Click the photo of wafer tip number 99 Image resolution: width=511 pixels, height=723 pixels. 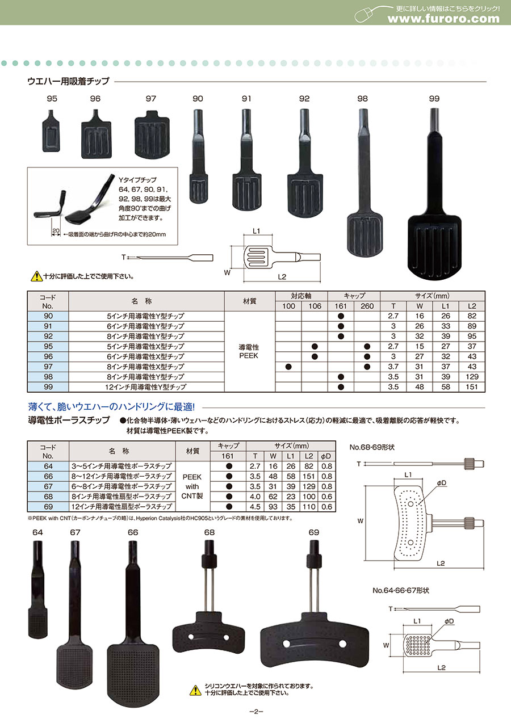434,194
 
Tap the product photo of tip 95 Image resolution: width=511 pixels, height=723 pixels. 51,131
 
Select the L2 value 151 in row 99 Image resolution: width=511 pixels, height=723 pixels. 472,386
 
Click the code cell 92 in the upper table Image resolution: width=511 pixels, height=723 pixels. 48,336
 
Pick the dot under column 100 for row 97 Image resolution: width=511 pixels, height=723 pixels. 288,367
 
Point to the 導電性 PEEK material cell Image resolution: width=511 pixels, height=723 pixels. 249,351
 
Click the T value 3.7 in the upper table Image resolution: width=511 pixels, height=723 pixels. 393,367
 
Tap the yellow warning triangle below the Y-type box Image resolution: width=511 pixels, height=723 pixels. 36,276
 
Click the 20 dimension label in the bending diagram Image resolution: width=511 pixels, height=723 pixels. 56,230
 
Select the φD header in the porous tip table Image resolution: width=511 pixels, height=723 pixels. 326,456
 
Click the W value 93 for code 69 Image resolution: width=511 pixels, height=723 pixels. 273,507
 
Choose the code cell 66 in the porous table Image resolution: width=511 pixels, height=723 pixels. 48,476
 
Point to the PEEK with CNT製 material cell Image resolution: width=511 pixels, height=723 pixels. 192,486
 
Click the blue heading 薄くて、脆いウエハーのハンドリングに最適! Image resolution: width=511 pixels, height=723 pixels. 111,407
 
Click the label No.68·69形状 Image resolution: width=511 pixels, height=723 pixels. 372,447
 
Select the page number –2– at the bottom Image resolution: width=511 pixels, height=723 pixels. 257,712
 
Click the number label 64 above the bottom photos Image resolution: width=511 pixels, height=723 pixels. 37,532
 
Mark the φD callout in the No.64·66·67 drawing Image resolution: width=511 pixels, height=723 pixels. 449,621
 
